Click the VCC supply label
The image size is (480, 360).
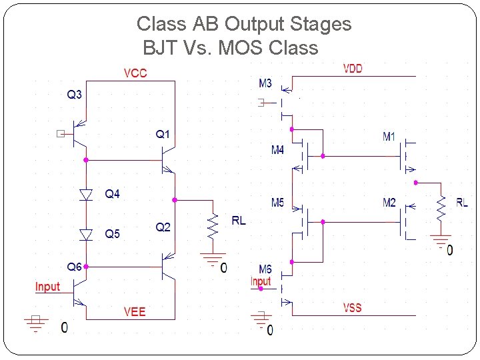[x=135, y=73]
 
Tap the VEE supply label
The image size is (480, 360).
[x=135, y=311]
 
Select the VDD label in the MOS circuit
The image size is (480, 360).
[x=353, y=68]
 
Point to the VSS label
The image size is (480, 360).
[x=353, y=307]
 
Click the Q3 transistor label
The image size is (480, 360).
[x=74, y=95]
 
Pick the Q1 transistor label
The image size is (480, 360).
[x=163, y=135]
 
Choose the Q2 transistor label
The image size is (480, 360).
[x=163, y=227]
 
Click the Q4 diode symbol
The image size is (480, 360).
[x=86, y=195]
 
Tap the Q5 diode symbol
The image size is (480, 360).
[x=86, y=234]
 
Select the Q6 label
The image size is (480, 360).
[x=74, y=267]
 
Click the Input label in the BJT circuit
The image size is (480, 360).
[x=47, y=287]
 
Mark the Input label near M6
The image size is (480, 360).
[x=261, y=281]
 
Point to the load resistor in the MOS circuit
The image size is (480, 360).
[x=440, y=207]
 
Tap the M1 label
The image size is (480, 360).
[x=389, y=137]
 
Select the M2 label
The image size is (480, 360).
[x=389, y=203]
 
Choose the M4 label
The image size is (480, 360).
[x=277, y=150]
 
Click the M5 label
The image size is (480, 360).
[x=277, y=203]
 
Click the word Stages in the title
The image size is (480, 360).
[x=321, y=24]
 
